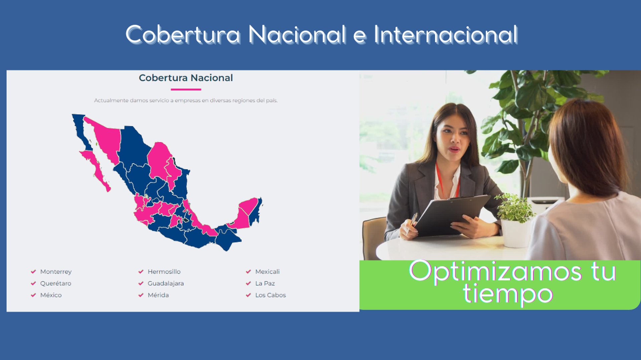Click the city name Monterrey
[56, 272]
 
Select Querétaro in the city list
[55, 283]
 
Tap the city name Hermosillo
[164, 272]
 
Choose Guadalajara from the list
[166, 284]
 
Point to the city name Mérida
[158, 295]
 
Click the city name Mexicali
[267, 272]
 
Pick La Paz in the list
[265, 283]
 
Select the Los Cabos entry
[270, 295]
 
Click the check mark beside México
[33, 295]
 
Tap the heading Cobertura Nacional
[186, 78]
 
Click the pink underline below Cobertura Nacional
[186, 89]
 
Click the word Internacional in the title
[446, 34]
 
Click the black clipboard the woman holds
[452, 215]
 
